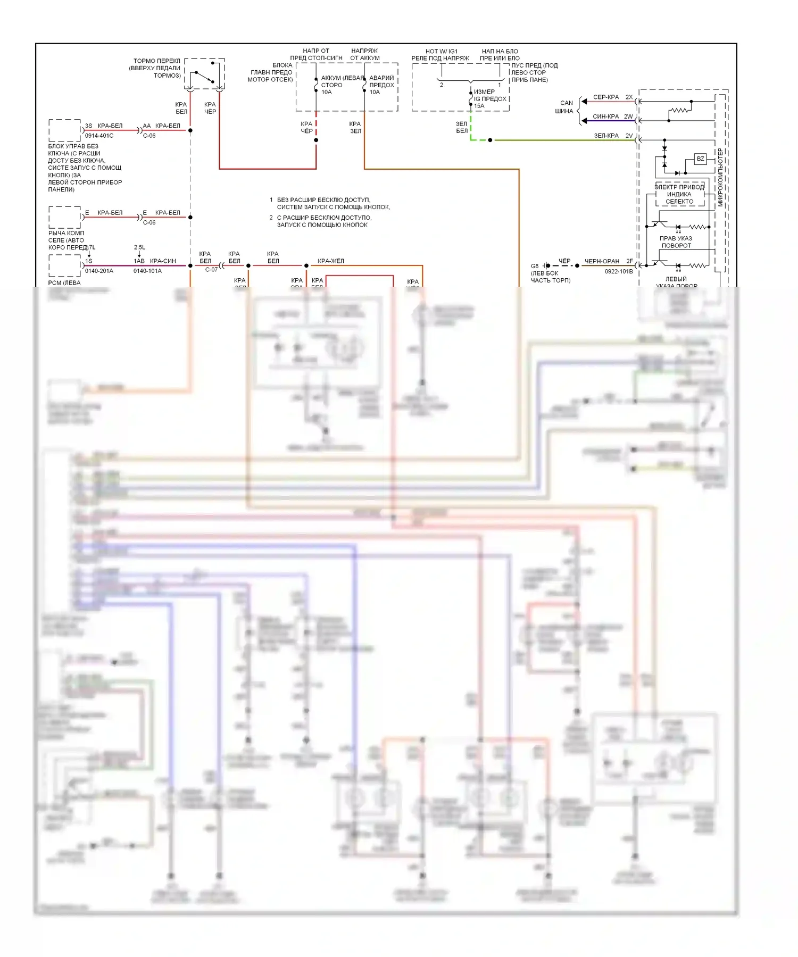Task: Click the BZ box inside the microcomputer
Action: coord(700,159)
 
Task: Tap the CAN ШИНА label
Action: coord(564,107)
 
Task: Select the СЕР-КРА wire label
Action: coord(606,97)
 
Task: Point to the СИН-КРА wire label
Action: coord(605,116)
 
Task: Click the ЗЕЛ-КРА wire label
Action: coord(606,136)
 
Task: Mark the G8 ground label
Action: coord(535,265)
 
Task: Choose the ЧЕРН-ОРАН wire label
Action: coord(602,261)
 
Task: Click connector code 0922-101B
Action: coord(619,271)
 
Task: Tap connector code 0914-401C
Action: coord(99,136)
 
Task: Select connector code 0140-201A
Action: coord(99,271)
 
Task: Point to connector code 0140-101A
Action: coord(147,271)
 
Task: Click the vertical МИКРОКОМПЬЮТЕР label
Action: coord(720,177)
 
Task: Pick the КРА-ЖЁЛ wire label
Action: coord(330,261)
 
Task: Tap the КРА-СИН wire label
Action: coord(163,261)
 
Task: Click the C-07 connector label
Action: coord(211,270)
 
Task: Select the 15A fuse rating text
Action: coord(479,106)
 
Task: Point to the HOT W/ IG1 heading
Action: coord(441,52)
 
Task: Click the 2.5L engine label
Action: coord(139,247)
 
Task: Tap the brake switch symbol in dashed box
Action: coord(205,74)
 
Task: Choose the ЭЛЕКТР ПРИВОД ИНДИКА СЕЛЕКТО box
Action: coord(679,194)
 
